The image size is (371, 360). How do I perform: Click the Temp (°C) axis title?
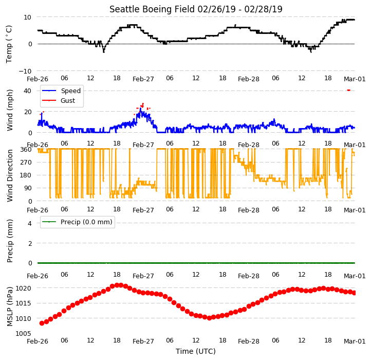[x=9, y=44]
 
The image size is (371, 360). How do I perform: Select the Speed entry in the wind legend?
[x=62, y=91]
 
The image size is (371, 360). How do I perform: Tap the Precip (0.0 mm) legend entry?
[x=77, y=222]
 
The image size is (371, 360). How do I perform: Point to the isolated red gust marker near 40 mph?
[x=348, y=90]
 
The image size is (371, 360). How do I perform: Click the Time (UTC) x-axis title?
[x=196, y=351]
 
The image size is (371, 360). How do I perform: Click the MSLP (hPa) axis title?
[x=10, y=307]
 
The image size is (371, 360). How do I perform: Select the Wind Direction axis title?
[x=10, y=176]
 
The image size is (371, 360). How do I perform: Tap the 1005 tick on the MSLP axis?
[x=23, y=333]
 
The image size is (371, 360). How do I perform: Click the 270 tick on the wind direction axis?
[x=26, y=162]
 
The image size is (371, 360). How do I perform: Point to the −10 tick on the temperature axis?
[x=25, y=71]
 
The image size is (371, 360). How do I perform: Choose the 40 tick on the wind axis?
[x=27, y=91]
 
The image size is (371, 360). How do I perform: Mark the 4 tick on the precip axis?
[x=30, y=223]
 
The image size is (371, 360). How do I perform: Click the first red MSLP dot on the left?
[x=42, y=323]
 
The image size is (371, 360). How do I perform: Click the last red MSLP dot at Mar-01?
[x=354, y=293]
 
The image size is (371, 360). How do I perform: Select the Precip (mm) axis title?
[x=10, y=241]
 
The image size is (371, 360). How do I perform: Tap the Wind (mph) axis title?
[x=10, y=110]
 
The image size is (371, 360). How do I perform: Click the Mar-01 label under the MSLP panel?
[x=355, y=341]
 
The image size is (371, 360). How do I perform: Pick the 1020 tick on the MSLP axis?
[x=23, y=288]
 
